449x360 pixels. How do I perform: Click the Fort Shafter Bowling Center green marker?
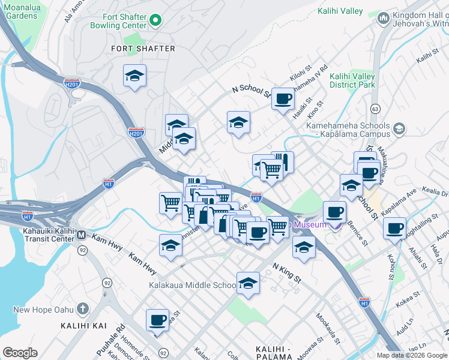[156, 21]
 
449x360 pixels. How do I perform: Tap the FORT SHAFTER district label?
[143, 49]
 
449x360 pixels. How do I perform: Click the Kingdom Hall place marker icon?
[383, 19]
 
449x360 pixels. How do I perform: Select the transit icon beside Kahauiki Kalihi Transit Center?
[81, 235]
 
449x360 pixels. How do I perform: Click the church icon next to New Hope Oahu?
[83, 310]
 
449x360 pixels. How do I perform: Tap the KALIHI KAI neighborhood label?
[83, 326]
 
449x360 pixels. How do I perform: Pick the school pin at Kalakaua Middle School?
[248, 283]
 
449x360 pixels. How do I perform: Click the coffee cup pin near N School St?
[283, 98]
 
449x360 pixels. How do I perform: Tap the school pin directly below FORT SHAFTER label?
[134, 76]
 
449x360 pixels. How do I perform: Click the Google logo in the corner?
[20, 353]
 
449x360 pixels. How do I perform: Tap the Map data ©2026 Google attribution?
[412, 355]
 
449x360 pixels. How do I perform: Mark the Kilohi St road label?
[298, 79]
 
